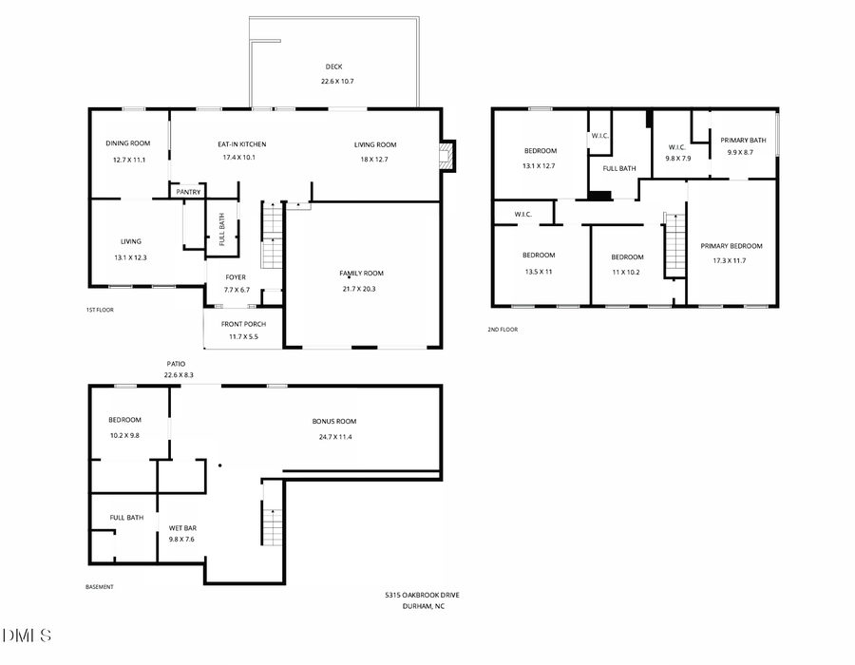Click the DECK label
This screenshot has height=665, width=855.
click(333, 66)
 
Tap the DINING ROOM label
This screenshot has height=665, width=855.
click(128, 143)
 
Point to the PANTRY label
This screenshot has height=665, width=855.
click(188, 192)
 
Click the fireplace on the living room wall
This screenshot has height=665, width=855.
click(447, 156)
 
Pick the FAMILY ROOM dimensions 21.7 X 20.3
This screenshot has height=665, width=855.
click(362, 289)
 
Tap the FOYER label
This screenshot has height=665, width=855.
click(236, 277)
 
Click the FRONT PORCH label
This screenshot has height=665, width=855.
click(243, 324)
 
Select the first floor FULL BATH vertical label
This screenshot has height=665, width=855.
click(222, 229)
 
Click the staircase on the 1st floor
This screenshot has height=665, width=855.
click(273, 237)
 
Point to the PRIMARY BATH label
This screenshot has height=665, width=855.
click(743, 140)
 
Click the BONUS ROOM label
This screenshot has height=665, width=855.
click(334, 421)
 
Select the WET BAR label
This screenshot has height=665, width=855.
click(182, 527)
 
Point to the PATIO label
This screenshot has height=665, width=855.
click(177, 363)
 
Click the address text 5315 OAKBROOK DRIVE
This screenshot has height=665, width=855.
click(422, 595)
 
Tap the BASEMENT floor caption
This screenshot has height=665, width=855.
click(100, 587)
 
